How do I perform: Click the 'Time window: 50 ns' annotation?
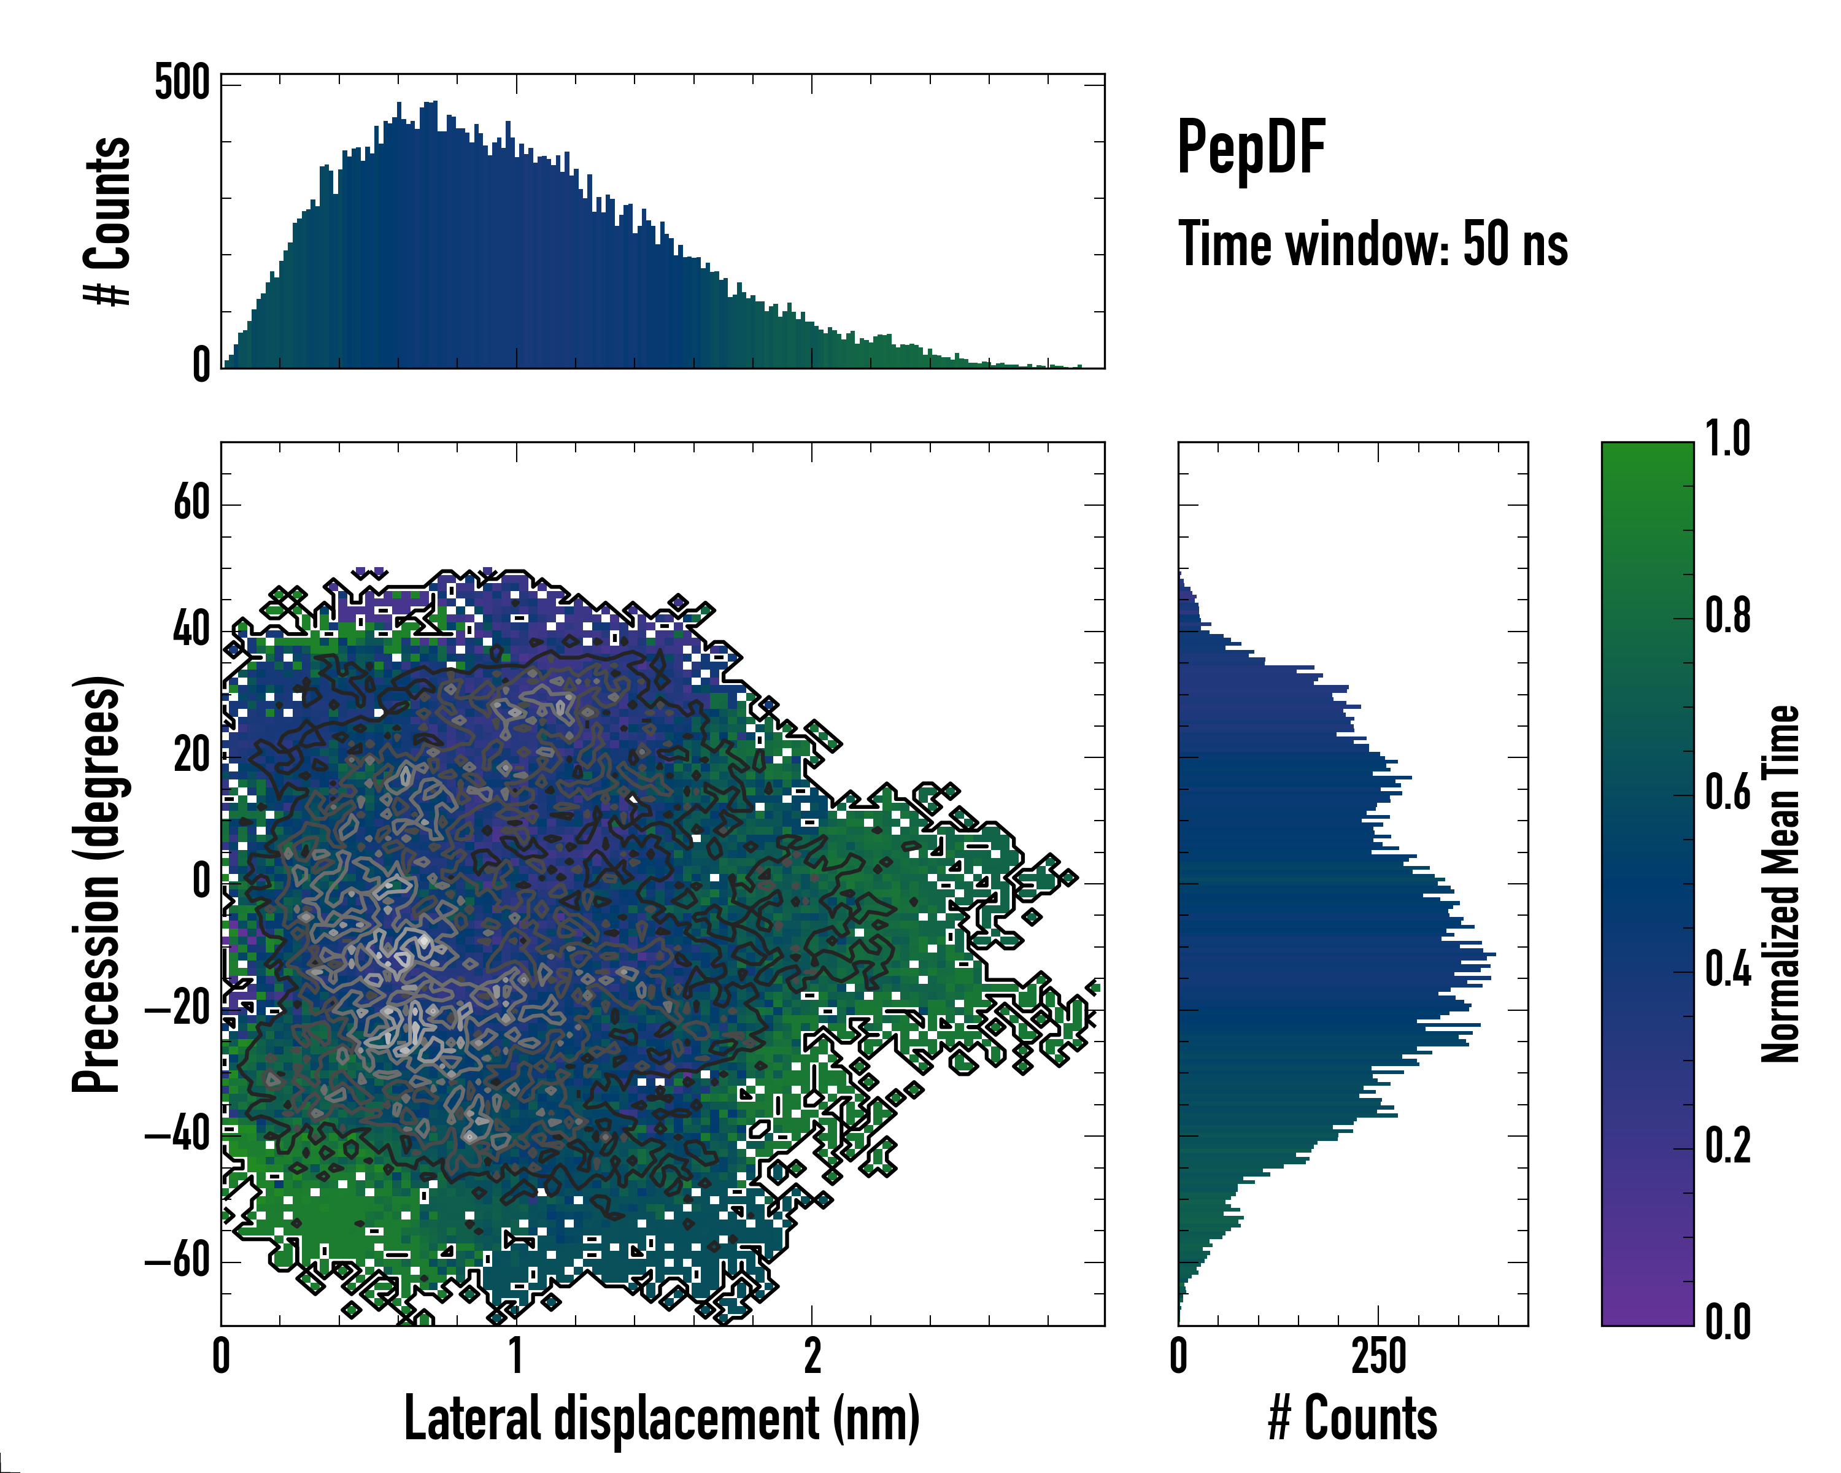point(1372,244)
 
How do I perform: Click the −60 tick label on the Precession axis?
point(177,1261)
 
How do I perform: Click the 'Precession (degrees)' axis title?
point(96,884)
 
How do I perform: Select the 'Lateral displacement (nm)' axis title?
point(662,1418)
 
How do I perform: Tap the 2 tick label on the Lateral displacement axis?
point(812,1356)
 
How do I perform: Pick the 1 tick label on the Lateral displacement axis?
point(515,1356)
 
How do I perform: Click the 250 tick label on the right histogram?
point(1378,1356)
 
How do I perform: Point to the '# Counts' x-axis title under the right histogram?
point(1353,1418)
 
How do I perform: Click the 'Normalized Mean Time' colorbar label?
point(1780,884)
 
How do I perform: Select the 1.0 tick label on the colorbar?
point(1727,440)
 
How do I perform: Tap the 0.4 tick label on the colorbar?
point(1727,971)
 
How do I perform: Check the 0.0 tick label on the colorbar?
point(1727,1323)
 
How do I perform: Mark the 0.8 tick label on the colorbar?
point(1727,617)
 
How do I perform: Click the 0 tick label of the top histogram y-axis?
point(201,365)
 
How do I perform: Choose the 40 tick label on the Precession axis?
point(191,630)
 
